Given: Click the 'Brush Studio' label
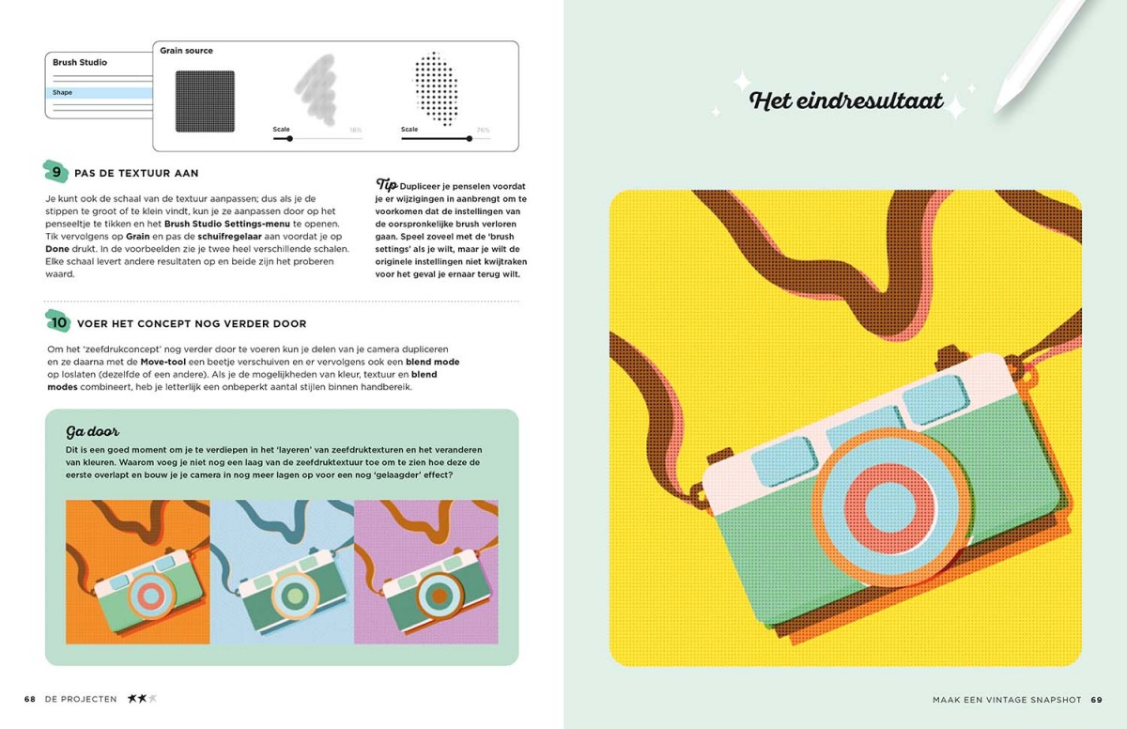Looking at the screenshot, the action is pos(80,62).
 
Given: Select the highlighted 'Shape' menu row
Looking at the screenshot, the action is pos(100,93).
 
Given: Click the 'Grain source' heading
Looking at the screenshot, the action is pos(186,51).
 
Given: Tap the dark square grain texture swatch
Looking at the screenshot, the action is pos(205,101).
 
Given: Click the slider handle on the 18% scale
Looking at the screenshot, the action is pos(290,138).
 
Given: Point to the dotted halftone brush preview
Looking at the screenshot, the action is pos(436,88).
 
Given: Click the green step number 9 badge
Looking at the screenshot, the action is pos(55,172).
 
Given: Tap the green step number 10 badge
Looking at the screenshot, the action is pos(58,321).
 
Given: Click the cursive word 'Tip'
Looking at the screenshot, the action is pos(386,184).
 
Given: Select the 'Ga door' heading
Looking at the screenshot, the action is pos(92,431).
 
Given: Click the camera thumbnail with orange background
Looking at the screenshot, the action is pos(138,572).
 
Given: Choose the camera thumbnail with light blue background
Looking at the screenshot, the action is pos(283,572).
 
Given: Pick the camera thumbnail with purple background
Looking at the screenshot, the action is pos(426,572).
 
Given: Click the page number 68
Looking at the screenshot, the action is pos(30,699).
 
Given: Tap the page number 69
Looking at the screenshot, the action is pos(1096,699).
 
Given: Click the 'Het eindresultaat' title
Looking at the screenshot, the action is pos(846,101).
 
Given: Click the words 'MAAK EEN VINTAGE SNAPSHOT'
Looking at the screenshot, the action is pos(1007,699).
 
